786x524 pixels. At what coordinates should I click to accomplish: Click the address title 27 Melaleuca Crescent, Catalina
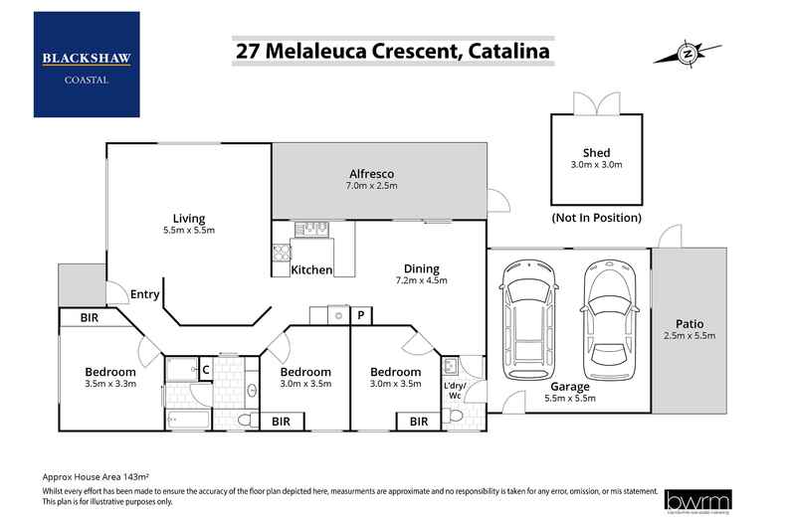point(391,50)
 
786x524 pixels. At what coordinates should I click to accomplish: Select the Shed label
point(596,152)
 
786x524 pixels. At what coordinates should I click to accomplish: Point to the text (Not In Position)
point(596,217)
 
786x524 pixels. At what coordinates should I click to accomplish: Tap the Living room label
point(188,218)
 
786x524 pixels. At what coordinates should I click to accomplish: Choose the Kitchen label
point(311,270)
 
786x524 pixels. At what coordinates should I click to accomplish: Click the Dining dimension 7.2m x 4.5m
point(421,280)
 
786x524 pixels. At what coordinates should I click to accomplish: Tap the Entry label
point(144,293)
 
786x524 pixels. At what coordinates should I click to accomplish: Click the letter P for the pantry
point(360,316)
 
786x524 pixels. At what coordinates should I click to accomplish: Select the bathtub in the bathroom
point(188,419)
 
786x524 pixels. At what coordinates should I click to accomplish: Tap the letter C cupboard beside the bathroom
point(205,369)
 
